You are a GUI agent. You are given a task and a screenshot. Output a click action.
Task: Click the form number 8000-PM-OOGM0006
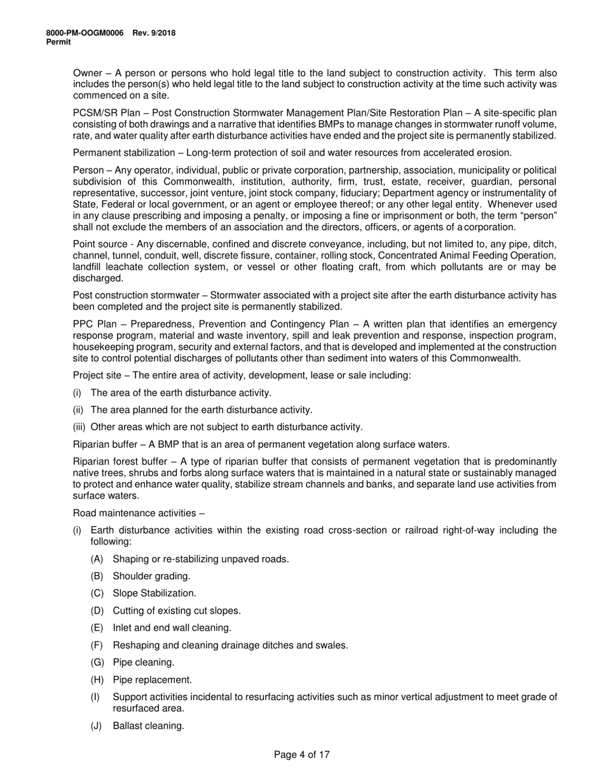(85, 33)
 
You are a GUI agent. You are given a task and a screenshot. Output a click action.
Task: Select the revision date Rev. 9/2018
(154, 33)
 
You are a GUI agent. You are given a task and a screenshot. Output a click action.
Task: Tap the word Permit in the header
(58, 41)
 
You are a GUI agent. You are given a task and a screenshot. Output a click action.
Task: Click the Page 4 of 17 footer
(301, 755)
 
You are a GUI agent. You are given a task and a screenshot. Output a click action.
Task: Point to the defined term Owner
(87, 73)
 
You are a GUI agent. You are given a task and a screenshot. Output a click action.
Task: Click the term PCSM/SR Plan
(102, 113)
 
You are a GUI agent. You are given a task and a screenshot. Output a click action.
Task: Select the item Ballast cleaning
(148, 725)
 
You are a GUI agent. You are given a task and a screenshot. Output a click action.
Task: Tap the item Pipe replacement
(152, 680)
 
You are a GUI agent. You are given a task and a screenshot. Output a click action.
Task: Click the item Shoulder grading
(151, 576)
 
